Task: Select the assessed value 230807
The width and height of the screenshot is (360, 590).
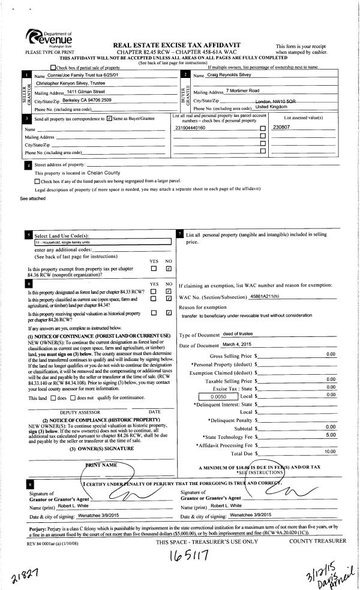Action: [281, 128]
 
